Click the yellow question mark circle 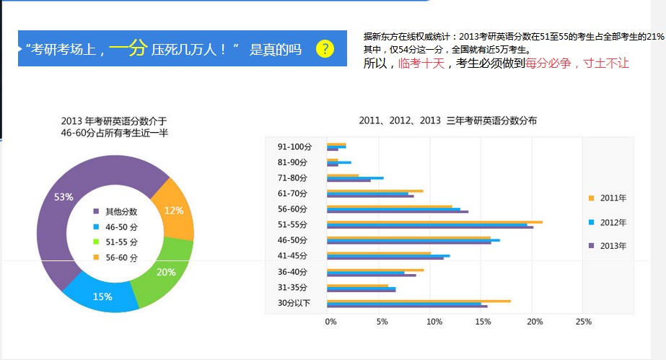point(325,49)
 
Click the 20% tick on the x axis point(533,322)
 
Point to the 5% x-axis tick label point(382,322)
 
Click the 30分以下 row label point(294,303)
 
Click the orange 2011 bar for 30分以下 point(419,301)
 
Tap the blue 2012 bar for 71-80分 point(355,178)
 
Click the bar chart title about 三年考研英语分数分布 point(447,120)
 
